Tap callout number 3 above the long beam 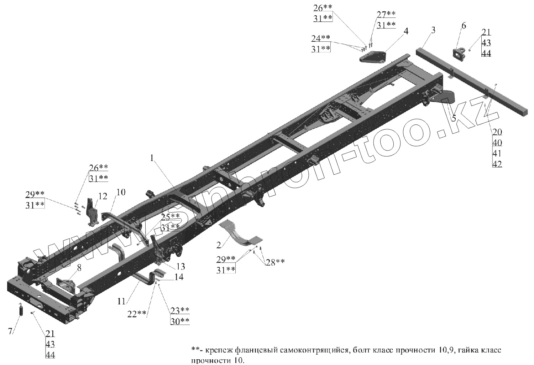[432, 30]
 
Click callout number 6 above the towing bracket [463, 26]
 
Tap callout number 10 [121, 192]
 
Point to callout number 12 [103, 196]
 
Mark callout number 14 [179, 277]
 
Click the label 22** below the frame [137, 313]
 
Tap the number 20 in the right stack [497, 132]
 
